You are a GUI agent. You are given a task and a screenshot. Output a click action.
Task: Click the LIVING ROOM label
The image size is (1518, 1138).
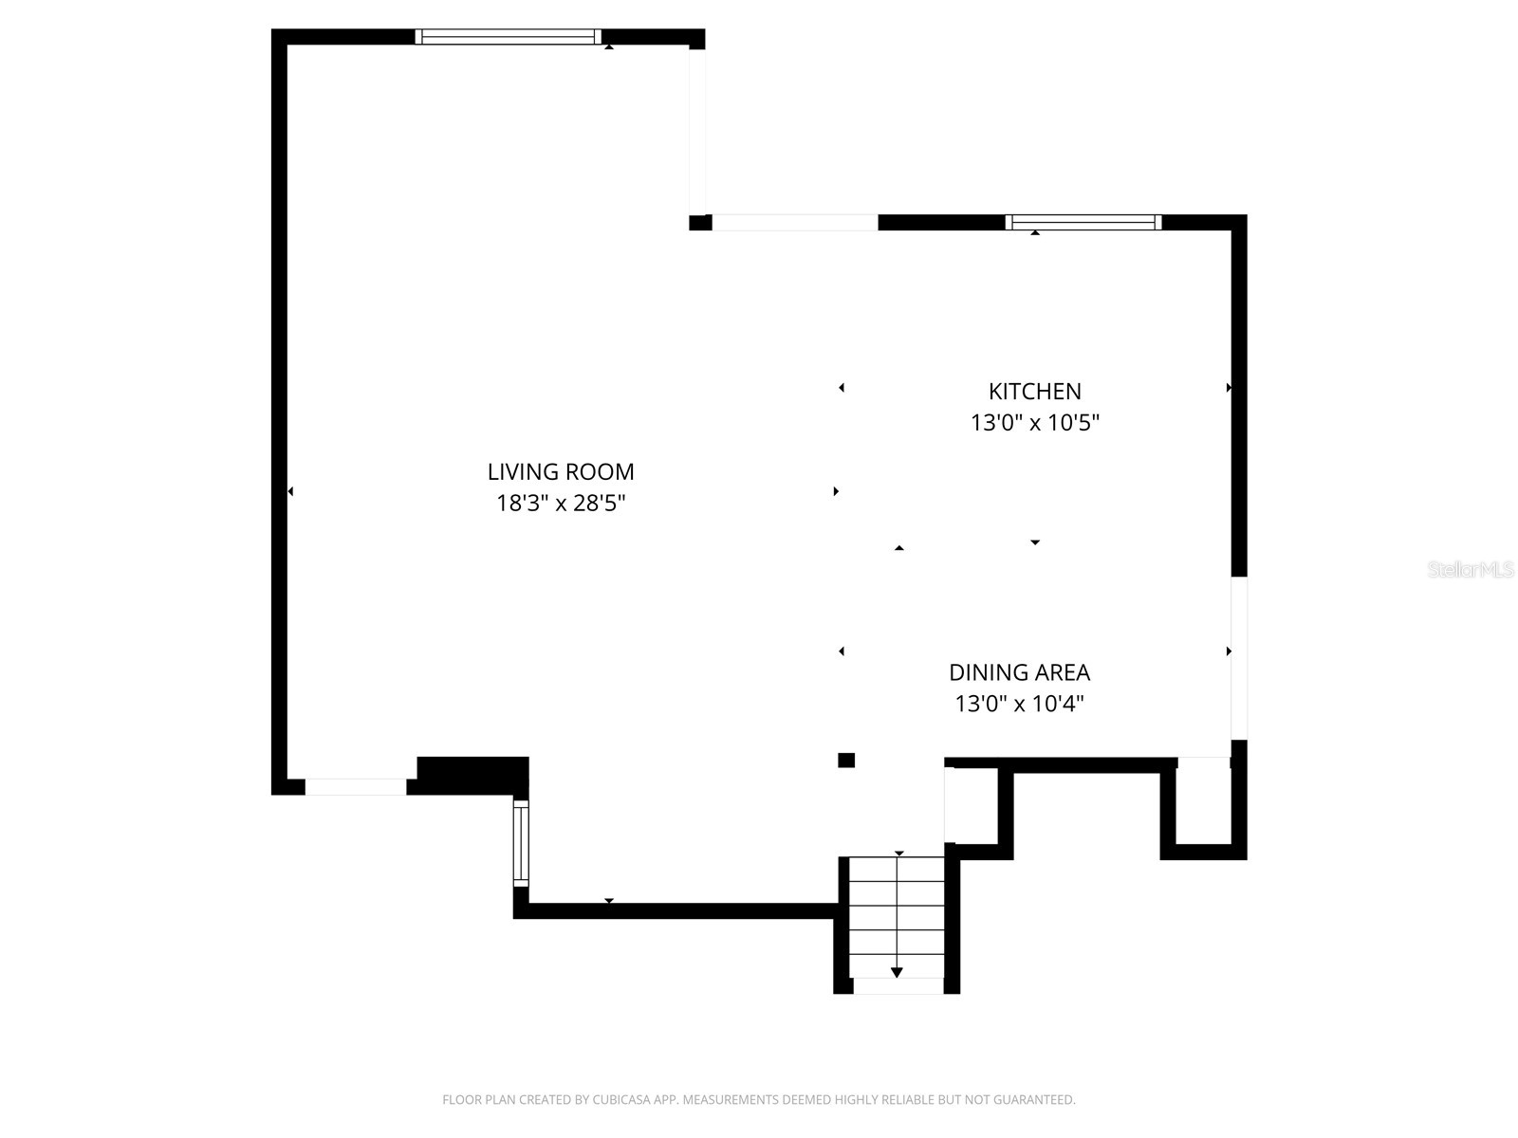tap(561, 471)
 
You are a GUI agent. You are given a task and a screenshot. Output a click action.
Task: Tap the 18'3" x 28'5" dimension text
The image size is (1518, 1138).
tap(561, 503)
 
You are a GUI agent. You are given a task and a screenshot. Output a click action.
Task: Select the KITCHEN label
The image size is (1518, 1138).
tap(1034, 391)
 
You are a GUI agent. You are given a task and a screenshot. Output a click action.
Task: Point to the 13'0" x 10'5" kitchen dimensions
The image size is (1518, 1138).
tap(1034, 422)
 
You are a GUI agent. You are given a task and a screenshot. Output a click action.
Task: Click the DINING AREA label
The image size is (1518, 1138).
tap(1019, 672)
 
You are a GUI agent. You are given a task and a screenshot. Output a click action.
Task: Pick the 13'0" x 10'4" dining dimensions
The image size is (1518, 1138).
tap(1019, 704)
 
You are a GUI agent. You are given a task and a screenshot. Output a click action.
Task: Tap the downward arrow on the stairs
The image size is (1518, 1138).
tap(897, 972)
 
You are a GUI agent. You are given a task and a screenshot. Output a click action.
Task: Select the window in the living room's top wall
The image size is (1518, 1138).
tap(509, 37)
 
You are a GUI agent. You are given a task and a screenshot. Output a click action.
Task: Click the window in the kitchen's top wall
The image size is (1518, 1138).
tap(1083, 223)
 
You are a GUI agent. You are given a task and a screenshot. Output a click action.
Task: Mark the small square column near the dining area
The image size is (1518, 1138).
tap(846, 760)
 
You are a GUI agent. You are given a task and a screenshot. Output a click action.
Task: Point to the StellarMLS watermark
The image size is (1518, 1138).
tap(1470, 570)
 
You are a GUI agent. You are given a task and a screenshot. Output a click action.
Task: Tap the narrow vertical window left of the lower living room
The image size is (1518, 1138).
tap(521, 843)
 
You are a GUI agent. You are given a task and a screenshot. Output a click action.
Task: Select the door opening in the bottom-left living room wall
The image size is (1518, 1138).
tap(356, 787)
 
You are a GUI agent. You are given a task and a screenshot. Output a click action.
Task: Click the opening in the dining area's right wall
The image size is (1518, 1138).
tap(1239, 657)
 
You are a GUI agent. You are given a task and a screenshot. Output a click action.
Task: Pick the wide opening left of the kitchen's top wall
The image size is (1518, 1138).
tap(795, 223)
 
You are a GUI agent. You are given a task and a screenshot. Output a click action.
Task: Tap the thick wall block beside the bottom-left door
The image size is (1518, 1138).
tap(472, 774)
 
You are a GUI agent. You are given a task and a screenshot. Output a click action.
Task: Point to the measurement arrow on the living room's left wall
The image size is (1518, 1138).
tap(290, 491)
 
